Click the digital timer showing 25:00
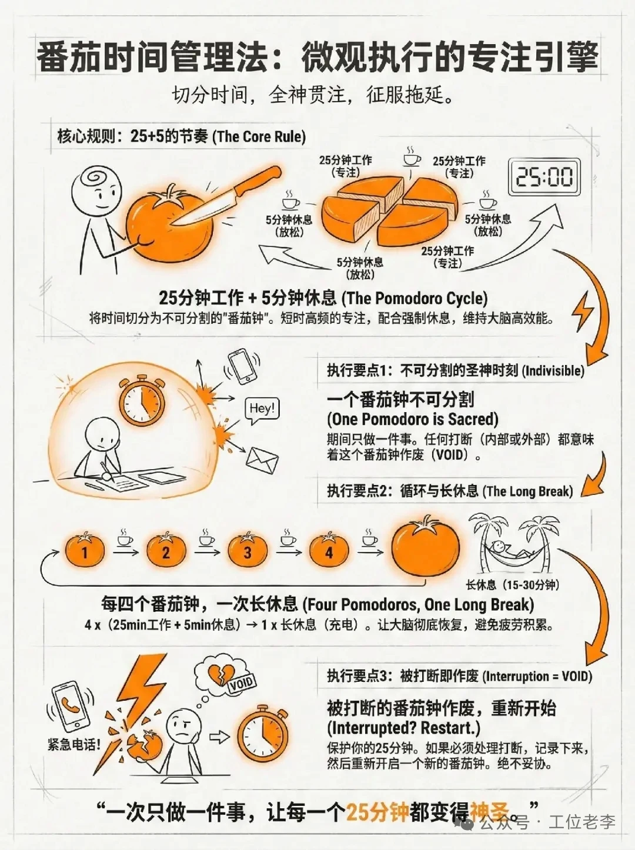tap(544, 176)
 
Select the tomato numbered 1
tap(85, 551)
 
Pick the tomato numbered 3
tap(248, 551)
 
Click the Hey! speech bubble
tap(262, 410)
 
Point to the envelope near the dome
tap(262, 460)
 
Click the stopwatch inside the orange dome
tap(142, 400)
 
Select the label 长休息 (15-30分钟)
tap(512, 585)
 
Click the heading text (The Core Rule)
tap(259, 137)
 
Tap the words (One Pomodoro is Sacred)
tap(413, 419)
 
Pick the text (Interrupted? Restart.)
tap(404, 728)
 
